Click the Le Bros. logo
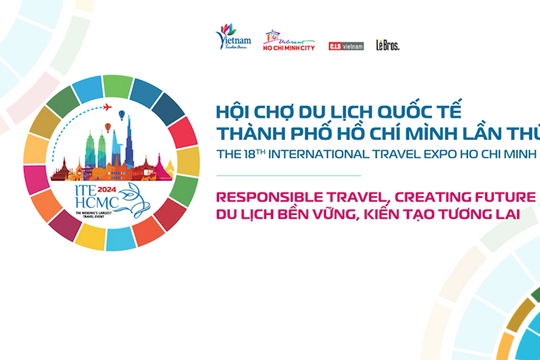388,45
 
